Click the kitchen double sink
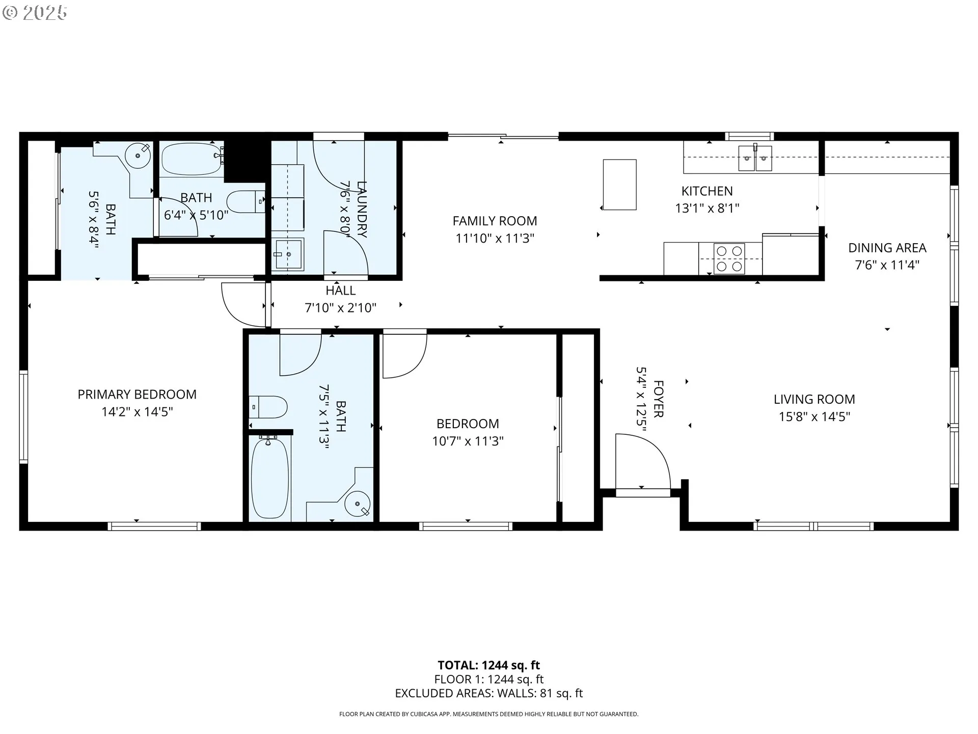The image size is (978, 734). pyautogui.click(x=755, y=158)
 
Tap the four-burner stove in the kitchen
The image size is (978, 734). pyautogui.click(x=729, y=258)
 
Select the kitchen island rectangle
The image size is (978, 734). pyautogui.click(x=619, y=185)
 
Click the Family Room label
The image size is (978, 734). pyautogui.click(x=495, y=221)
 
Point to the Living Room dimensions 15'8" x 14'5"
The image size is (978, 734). pyautogui.click(x=814, y=416)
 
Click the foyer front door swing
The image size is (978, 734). pyautogui.click(x=643, y=462)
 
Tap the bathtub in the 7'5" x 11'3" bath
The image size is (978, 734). pyautogui.click(x=270, y=478)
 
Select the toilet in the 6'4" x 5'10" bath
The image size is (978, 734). pyautogui.click(x=246, y=202)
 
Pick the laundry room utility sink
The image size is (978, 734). pyautogui.click(x=288, y=254)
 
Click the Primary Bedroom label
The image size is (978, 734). pyautogui.click(x=137, y=394)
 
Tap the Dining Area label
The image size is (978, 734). pyautogui.click(x=887, y=248)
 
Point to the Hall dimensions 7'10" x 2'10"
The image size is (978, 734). pyautogui.click(x=340, y=307)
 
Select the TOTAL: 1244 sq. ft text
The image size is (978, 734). pyautogui.click(x=488, y=665)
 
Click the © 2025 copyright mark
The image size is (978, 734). pyautogui.click(x=35, y=13)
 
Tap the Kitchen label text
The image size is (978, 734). pyautogui.click(x=707, y=191)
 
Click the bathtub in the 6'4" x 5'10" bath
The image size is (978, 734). pyautogui.click(x=192, y=159)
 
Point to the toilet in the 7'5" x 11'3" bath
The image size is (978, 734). pyautogui.click(x=268, y=407)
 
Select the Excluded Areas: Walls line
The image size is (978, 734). pyautogui.click(x=488, y=693)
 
